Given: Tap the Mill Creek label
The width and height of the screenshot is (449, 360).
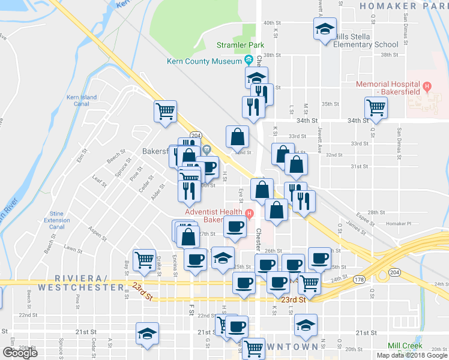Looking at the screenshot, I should click(x=405, y=346).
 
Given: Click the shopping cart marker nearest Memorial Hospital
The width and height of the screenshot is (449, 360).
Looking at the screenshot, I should click(x=376, y=108).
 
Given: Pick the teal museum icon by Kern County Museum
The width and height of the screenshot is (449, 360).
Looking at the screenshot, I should click(x=249, y=60).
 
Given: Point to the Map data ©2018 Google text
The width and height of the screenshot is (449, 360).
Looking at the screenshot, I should click(x=412, y=355).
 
